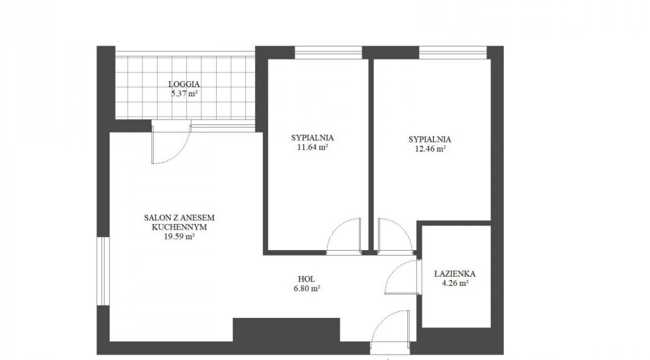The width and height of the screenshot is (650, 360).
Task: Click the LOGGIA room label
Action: click(184, 84)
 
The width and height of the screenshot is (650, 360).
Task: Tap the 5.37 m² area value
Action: click(184, 93)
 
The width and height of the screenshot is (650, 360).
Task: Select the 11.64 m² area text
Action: click(313, 147)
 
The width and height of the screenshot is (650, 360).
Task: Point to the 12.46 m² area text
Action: click(430, 148)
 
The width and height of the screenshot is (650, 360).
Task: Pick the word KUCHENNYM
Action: click(179, 227)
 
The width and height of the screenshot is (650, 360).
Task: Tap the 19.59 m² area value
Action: click(179, 237)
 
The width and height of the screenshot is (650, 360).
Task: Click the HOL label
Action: click(306, 279)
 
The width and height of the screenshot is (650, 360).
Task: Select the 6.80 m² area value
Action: click(306, 289)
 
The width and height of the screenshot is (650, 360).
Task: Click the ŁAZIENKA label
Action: click(455, 274)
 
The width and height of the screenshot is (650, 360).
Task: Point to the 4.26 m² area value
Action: click(455, 284)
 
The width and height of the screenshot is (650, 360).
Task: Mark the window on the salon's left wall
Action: click(103, 271)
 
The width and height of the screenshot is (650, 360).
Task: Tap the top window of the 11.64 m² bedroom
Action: click(328, 53)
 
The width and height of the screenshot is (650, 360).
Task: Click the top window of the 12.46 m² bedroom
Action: click(453, 53)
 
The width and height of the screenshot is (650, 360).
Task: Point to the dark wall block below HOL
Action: click(287, 330)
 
